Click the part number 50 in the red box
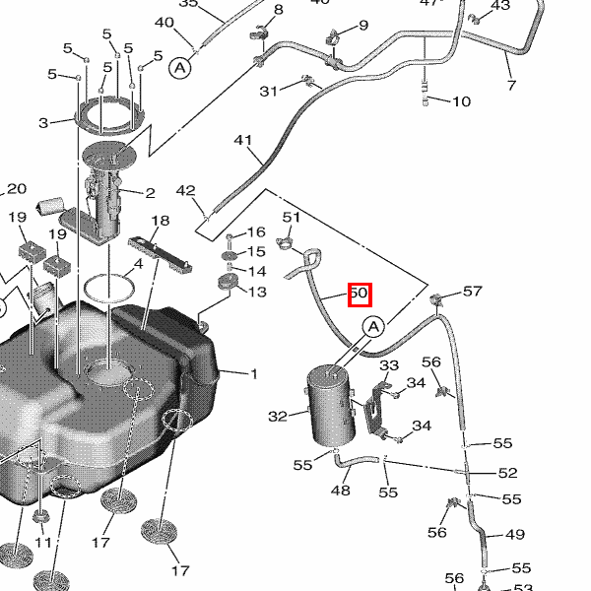(x=359, y=294)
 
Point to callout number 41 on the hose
(x=243, y=141)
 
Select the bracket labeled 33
(x=374, y=412)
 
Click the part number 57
(x=473, y=291)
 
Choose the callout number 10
(x=461, y=101)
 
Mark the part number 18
(x=160, y=221)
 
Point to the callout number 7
(x=510, y=86)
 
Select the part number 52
(x=507, y=474)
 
